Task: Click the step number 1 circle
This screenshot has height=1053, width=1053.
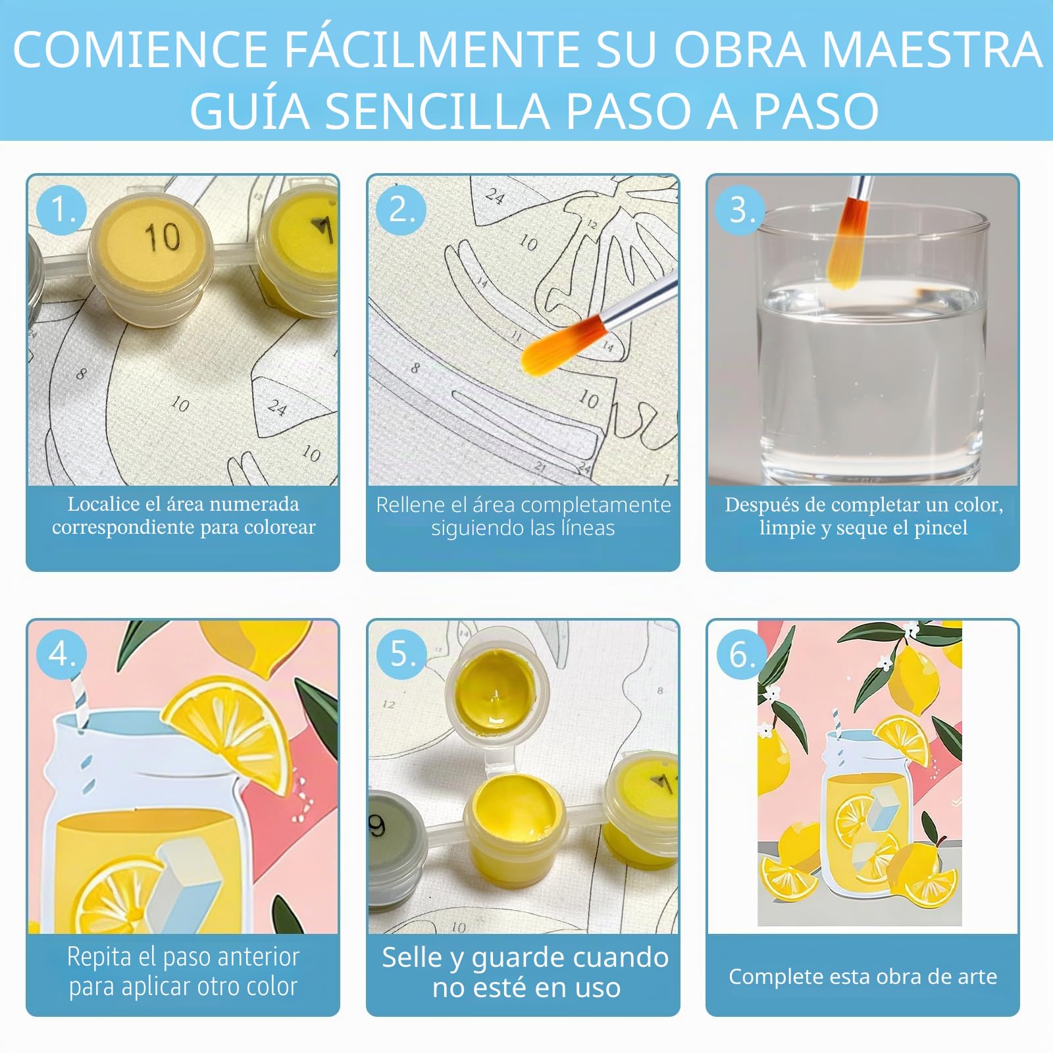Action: click(61, 210)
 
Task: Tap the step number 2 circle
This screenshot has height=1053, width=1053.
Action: click(401, 210)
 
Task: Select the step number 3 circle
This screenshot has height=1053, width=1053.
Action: click(741, 210)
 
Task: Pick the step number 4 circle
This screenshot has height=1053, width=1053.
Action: click(61, 654)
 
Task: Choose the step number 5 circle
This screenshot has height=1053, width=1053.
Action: click(401, 654)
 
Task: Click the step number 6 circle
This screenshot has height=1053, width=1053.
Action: click(741, 654)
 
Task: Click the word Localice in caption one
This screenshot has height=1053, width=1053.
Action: click(103, 504)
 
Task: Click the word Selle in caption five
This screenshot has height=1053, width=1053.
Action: click(413, 958)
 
